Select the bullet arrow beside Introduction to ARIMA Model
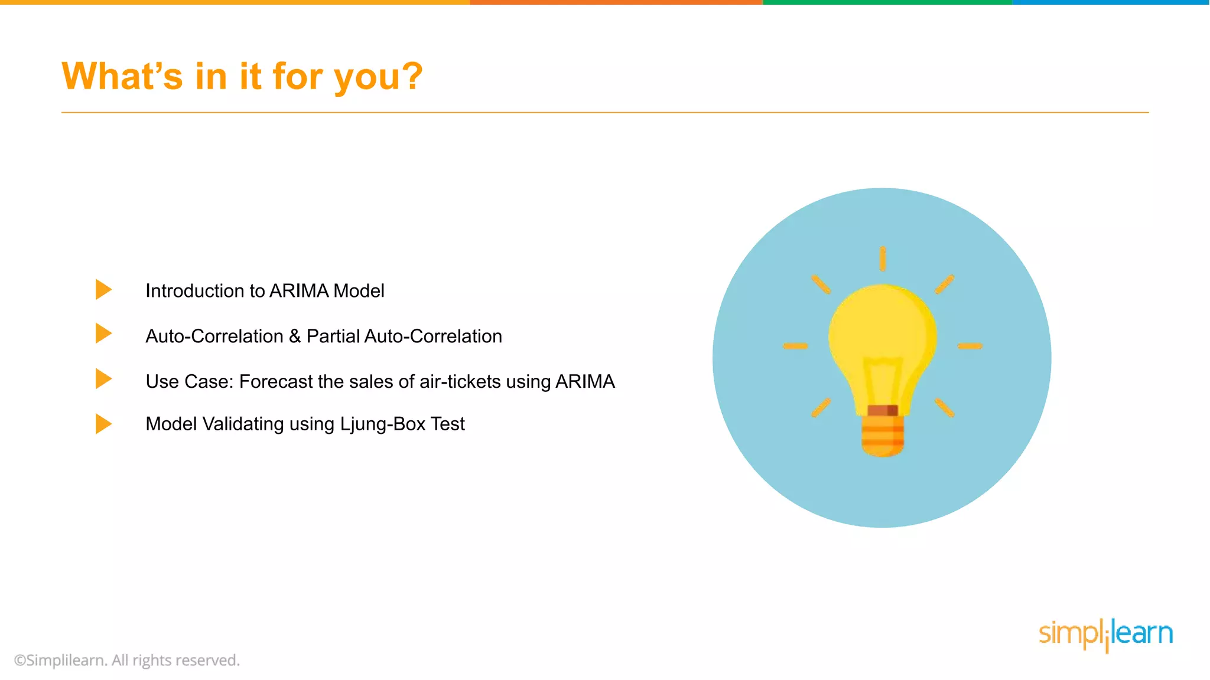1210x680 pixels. (103, 289)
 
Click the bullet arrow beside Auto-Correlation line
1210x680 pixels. (103, 334)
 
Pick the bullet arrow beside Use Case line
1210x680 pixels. (103, 379)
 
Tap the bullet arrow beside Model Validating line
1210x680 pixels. (103, 423)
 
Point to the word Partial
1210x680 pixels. (333, 336)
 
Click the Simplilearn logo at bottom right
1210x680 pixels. (1105, 634)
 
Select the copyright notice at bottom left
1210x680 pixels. (126, 660)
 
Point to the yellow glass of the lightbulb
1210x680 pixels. (882, 331)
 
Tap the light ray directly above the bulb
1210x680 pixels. (882, 259)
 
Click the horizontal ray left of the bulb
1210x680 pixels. (795, 346)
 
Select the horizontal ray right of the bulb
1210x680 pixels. (970, 346)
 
